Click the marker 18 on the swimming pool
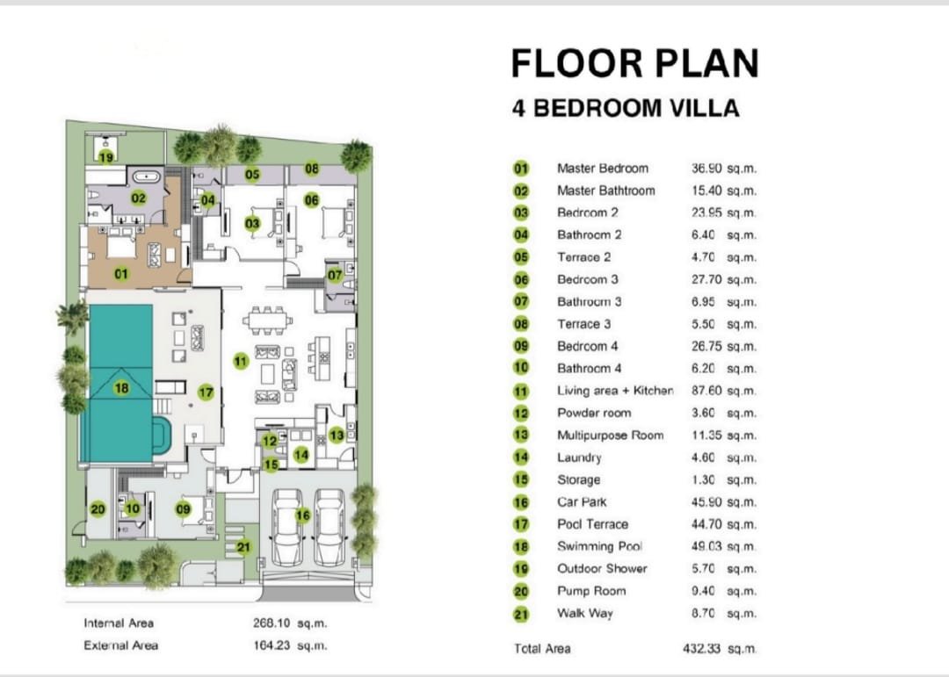click(121, 388)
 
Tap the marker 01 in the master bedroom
click(121, 274)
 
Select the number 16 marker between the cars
click(302, 515)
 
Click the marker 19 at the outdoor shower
click(106, 157)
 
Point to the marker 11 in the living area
click(241, 361)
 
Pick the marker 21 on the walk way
click(243, 547)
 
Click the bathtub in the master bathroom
click(146, 177)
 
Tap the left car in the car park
click(287, 526)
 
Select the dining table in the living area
click(267, 320)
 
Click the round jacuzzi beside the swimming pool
click(161, 435)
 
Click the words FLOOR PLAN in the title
click(635, 63)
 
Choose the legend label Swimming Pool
click(599, 546)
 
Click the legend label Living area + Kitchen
click(615, 391)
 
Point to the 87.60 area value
click(706, 391)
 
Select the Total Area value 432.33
click(701, 649)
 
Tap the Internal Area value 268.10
click(272, 623)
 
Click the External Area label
click(120, 645)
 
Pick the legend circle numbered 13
click(521, 435)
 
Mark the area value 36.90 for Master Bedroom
click(706, 169)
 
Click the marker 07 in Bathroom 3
click(335, 275)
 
